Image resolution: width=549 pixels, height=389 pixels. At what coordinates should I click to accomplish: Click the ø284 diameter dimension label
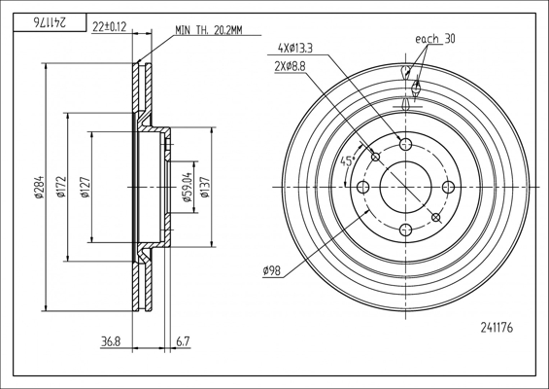(x=39, y=187)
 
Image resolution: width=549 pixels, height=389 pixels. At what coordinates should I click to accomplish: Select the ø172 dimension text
(x=61, y=187)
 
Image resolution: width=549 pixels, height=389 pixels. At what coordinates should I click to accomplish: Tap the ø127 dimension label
(x=86, y=188)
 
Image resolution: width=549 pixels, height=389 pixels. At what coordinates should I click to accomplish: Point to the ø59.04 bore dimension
(x=188, y=187)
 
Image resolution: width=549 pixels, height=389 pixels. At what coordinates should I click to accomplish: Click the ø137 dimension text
(x=205, y=187)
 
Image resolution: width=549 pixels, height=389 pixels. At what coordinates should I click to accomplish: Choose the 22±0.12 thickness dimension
(x=109, y=26)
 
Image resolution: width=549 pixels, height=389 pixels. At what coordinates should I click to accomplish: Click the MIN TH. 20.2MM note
(x=208, y=30)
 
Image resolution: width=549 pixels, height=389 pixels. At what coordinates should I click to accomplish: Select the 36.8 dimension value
(x=111, y=341)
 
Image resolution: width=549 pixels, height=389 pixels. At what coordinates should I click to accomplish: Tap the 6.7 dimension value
(x=183, y=341)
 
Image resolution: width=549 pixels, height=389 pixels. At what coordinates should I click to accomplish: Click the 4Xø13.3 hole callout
(x=295, y=48)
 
